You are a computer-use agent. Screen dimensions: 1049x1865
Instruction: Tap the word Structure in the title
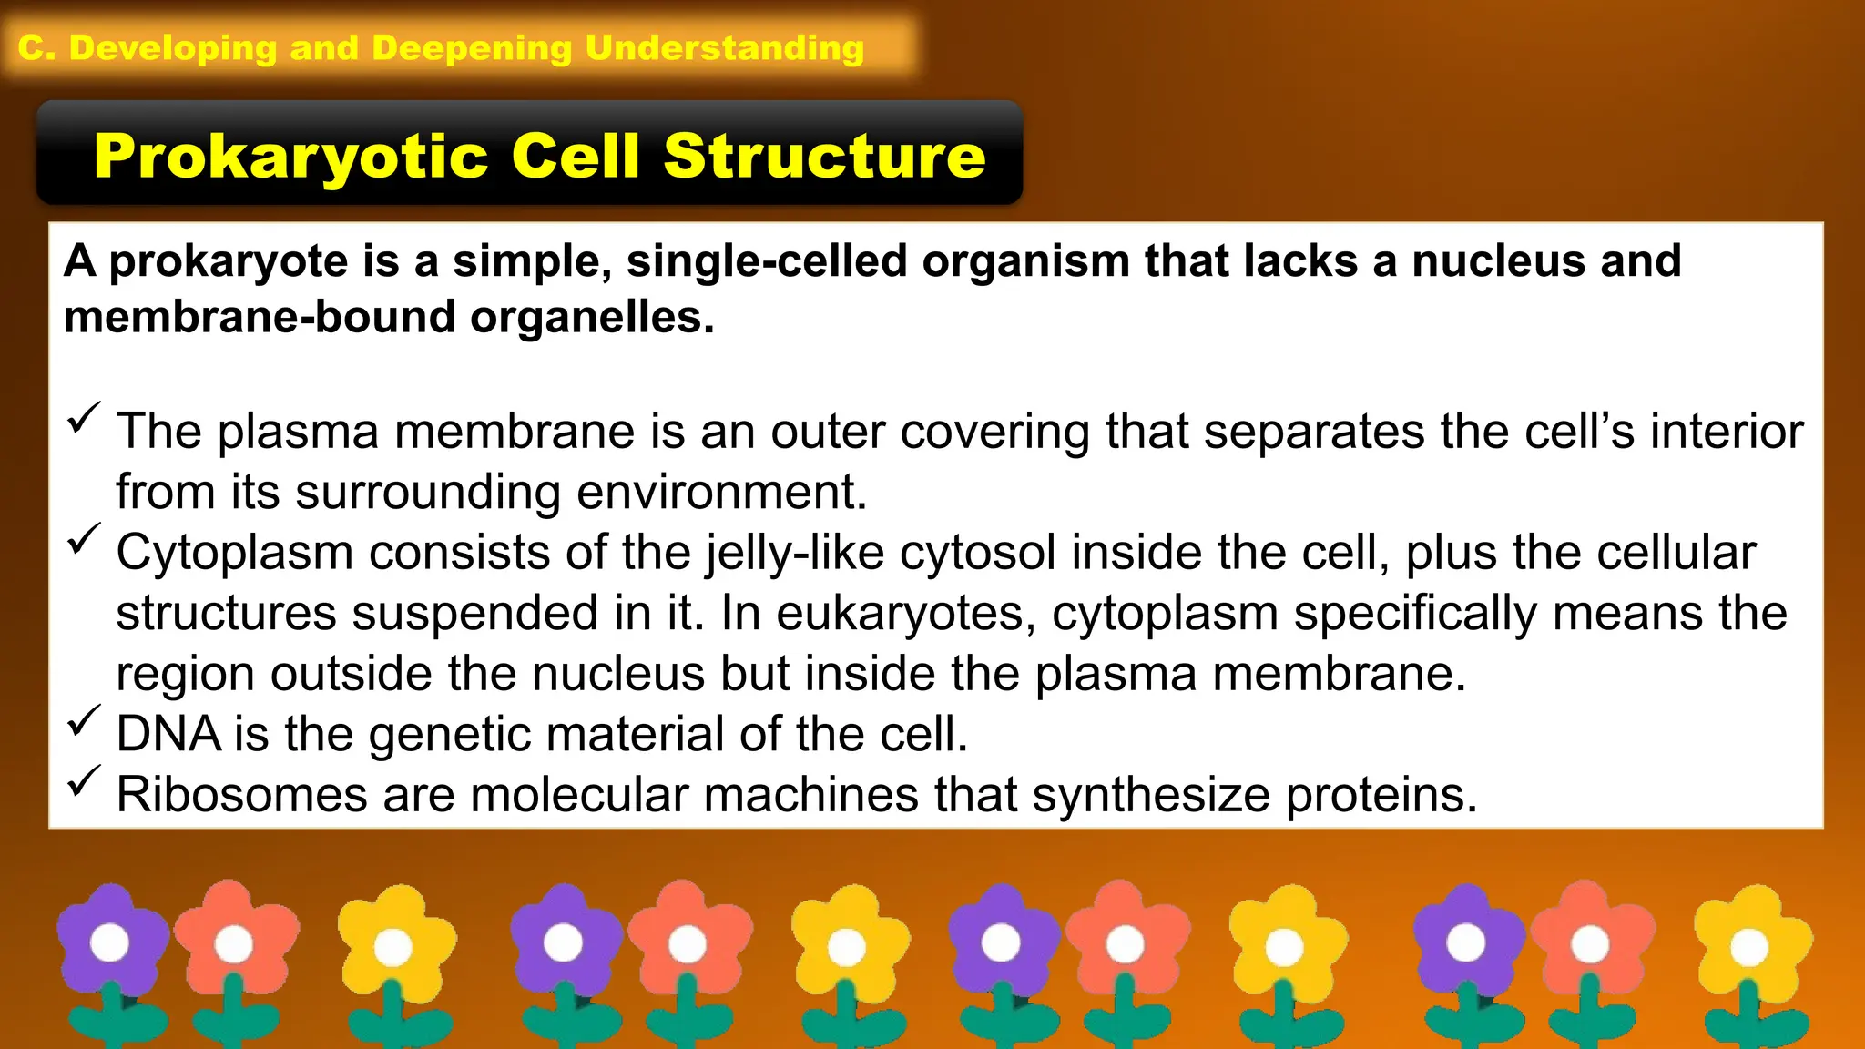824,157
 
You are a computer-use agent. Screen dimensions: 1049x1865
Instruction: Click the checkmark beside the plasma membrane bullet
83,418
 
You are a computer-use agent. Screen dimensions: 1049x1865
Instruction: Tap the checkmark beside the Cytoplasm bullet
83,539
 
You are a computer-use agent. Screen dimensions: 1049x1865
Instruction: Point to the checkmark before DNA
83,721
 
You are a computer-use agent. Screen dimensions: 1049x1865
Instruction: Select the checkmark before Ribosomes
83,781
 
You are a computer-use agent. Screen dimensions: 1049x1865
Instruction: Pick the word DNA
168,734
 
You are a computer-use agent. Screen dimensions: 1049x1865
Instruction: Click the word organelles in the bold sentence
591,318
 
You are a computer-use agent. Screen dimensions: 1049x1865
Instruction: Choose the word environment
721,492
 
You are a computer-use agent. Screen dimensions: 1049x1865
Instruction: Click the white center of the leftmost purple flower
110,942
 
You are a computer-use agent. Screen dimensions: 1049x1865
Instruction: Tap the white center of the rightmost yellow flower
1748,948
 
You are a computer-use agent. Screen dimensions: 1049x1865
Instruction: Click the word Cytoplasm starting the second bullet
235,554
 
